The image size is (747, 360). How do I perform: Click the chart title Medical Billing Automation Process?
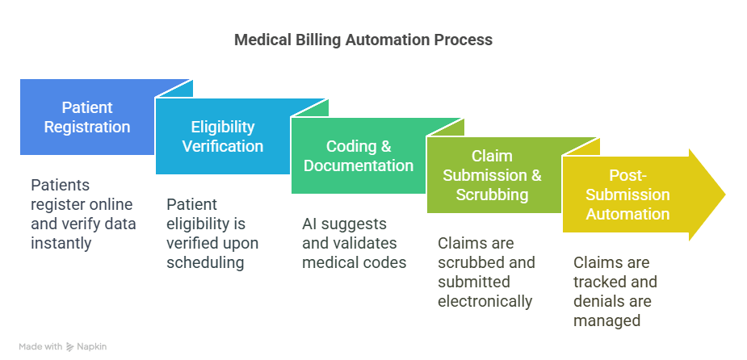coord(363,40)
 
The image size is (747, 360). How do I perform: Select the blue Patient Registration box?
coord(87,117)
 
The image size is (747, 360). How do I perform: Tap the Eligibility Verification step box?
coord(222,136)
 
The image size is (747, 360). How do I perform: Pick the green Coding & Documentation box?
coord(359,156)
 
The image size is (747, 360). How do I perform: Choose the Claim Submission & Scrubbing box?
coord(492,175)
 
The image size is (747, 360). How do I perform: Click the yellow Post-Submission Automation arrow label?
coord(627,195)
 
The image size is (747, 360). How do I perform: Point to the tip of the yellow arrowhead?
coord(725,195)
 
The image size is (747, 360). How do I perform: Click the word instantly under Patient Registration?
coord(61,243)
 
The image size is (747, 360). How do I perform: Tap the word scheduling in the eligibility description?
coord(205,263)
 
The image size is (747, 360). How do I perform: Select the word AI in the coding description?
coord(308,224)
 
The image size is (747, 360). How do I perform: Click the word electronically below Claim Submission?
coord(485,301)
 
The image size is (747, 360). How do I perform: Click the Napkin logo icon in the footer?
coord(70,346)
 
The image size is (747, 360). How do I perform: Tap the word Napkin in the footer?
coord(92,346)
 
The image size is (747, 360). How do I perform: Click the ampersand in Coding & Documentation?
coord(386,146)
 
